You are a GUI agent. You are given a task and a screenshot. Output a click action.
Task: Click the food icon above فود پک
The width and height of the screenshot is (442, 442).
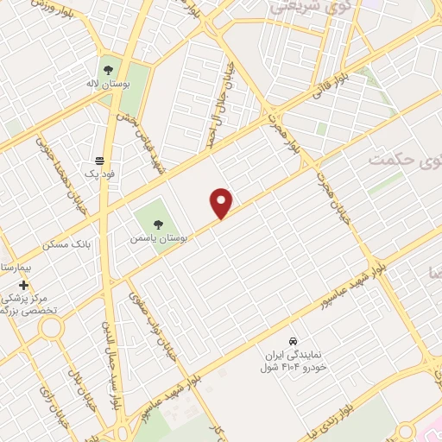[x=100, y=161]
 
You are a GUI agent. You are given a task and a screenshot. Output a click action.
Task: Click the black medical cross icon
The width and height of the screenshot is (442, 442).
[x=23, y=285]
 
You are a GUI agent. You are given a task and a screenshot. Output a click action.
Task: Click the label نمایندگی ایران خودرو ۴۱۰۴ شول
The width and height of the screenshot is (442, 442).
[x=294, y=362]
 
